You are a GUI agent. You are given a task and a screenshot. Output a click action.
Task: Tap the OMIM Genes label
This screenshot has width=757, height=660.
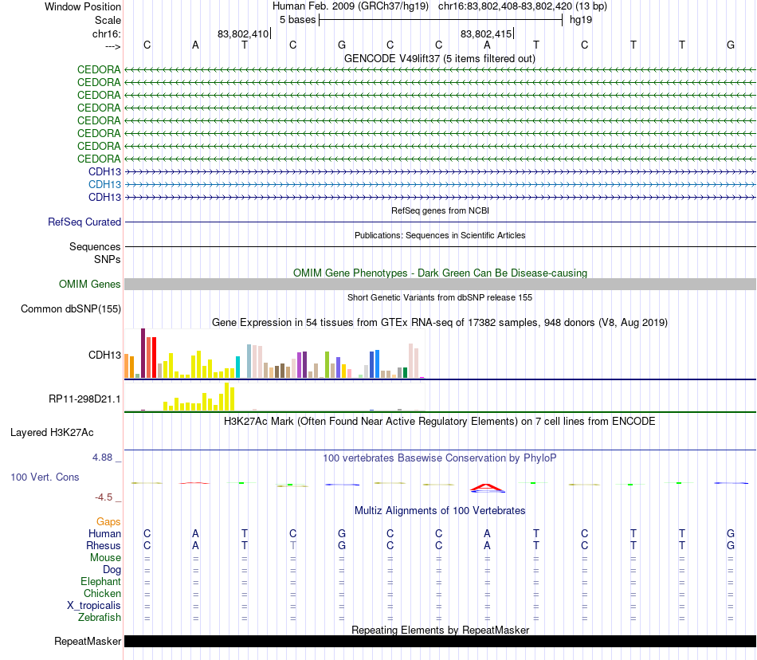click(x=90, y=285)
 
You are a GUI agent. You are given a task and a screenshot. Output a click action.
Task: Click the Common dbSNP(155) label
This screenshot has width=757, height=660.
click(x=71, y=309)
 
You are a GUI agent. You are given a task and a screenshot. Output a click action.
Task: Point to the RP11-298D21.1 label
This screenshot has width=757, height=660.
click(x=85, y=399)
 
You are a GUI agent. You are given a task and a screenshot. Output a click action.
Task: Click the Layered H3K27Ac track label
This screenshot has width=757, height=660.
click(x=52, y=433)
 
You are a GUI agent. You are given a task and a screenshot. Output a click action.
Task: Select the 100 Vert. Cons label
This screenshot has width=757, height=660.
click(x=45, y=477)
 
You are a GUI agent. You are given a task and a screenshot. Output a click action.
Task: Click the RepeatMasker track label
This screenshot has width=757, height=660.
click(x=88, y=642)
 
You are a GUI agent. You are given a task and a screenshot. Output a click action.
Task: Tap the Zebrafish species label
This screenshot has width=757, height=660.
click(x=100, y=618)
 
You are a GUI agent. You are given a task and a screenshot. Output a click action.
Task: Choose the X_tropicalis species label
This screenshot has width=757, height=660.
click(x=94, y=606)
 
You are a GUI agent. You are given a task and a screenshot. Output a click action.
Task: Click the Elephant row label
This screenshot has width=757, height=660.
click(x=100, y=582)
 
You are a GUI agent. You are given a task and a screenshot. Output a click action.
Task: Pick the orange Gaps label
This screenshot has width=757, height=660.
click(x=108, y=521)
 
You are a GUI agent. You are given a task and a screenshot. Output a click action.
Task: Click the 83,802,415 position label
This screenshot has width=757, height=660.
click(x=486, y=34)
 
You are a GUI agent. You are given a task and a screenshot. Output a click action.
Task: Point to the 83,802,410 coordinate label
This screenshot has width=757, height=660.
click(x=243, y=34)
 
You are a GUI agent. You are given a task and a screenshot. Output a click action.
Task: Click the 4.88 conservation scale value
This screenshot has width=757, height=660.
click(x=104, y=458)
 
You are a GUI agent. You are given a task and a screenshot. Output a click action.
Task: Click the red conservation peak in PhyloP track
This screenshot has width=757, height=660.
click(x=487, y=486)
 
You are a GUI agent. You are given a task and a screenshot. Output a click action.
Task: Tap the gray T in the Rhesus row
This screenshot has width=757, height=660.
click(x=292, y=545)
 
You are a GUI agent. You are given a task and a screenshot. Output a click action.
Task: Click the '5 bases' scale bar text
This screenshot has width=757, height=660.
click(x=297, y=19)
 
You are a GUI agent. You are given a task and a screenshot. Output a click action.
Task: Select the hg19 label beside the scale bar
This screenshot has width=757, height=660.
click(x=580, y=19)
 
